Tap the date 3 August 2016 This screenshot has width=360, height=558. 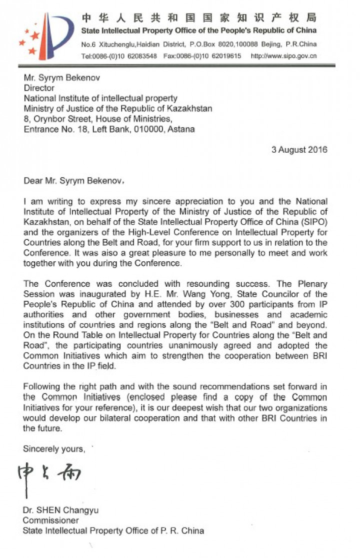[x=299, y=150]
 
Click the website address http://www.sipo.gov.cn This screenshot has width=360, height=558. [x=283, y=56]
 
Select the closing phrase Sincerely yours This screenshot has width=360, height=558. [x=53, y=449]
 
